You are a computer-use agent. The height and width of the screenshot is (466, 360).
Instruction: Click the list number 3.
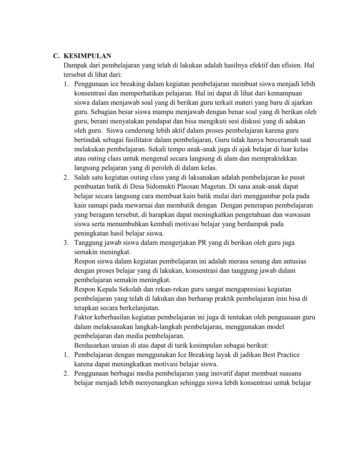(66, 243)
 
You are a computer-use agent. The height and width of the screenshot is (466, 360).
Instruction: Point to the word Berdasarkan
(91, 346)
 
